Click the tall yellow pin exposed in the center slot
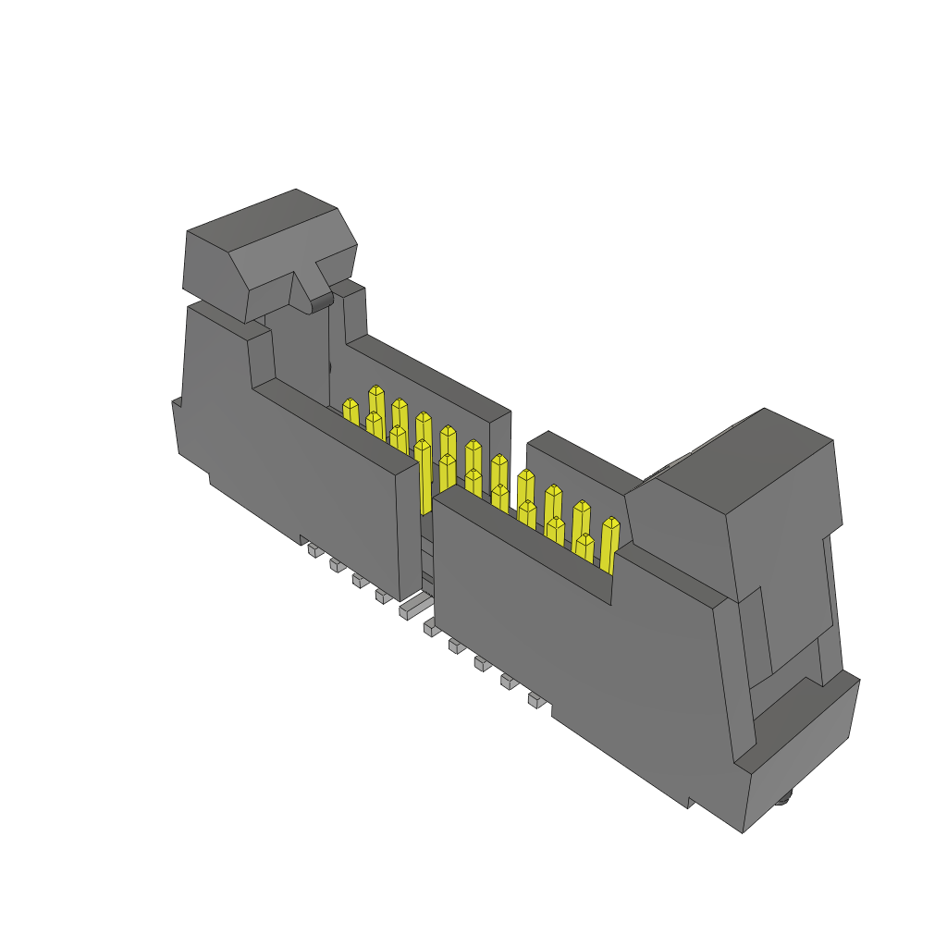tap(424, 476)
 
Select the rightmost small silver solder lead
tap(535, 700)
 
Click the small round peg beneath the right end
tap(785, 798)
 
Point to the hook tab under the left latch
tap(320, 301)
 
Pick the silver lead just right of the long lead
tap(430, 628)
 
